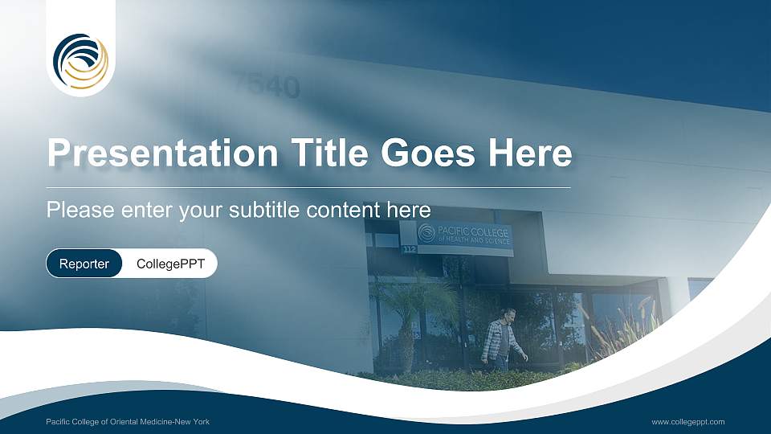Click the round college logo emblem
click(x=80, y=60)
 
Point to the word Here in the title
click(x=531, y=153)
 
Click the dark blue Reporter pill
click(x=84, y=264)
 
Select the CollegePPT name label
click(x=170, y=264)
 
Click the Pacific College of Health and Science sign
click(x=467, y=235)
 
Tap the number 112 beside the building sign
click(x=409, y=250)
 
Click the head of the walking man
click(x=508, y=313)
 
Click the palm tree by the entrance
click(x=410, y=305)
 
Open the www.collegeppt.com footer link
click(x=688, y=422)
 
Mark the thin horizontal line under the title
click(x=308, y=187)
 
